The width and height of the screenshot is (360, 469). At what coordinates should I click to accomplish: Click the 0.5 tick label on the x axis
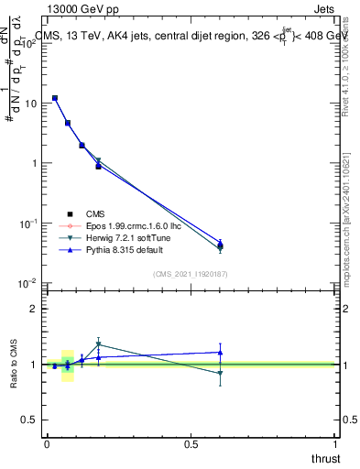click(191, 444)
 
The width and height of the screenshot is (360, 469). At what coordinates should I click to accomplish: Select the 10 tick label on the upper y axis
click(30, 104)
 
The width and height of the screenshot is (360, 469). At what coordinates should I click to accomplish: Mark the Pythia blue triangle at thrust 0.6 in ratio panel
click(220, 352)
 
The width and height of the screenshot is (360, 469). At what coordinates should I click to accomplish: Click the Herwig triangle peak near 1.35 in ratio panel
click(98, 345)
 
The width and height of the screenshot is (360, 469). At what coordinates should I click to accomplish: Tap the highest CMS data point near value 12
click(55, 98)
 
